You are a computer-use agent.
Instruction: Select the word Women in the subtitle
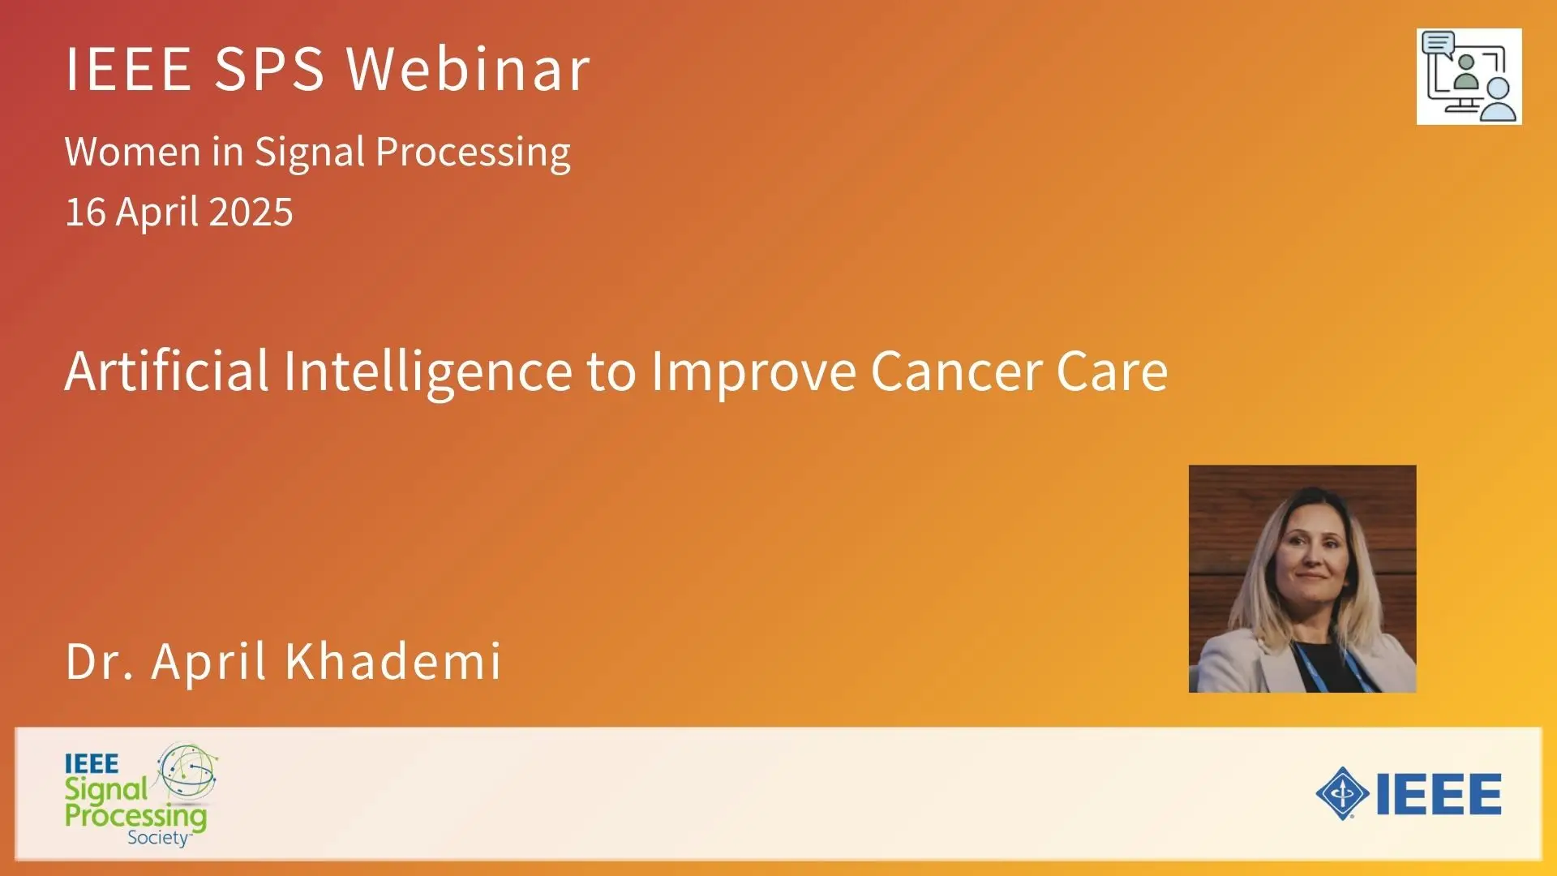tap(132, 152)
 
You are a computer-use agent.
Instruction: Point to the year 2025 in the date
tap(251, 212)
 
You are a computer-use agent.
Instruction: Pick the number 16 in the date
tap(85, 212)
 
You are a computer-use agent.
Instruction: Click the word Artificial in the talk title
tap(166, 371)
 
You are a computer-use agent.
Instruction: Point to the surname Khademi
tap(393, 661)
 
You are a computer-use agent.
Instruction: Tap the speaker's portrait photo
tap(1302, 578)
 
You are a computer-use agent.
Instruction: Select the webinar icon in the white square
tap(1469, 77)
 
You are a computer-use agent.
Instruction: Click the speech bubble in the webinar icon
tap(1438, 42)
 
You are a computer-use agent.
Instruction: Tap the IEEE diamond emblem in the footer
tap(1343, 793)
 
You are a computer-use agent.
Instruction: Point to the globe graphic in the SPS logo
tap(187, 771)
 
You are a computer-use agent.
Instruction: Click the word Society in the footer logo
tap(158, 838)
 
